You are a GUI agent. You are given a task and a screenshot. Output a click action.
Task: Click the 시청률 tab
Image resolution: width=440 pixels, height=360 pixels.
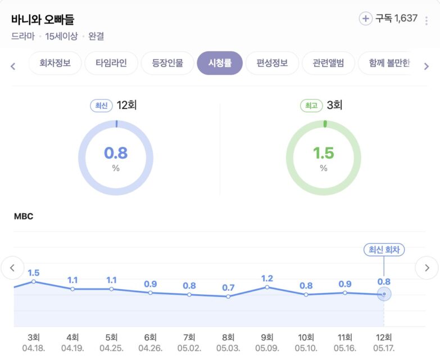(219, 63)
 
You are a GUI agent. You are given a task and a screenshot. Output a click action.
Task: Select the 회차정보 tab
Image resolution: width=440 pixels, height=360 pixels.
(55, 63)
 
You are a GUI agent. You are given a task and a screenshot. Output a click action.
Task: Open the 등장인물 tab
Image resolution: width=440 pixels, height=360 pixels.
(167, 63)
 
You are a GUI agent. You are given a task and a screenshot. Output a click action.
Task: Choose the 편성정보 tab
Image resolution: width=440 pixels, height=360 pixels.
(272, 63)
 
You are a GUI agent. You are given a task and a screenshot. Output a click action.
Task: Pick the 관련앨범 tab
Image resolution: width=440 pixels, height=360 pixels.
(328, 63)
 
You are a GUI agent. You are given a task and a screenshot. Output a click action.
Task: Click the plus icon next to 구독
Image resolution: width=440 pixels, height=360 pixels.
(366, 19)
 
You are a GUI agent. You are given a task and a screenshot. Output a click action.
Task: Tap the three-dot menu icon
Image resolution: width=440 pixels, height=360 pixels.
(426, 21)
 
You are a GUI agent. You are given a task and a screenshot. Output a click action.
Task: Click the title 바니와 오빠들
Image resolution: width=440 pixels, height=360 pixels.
(43, 20)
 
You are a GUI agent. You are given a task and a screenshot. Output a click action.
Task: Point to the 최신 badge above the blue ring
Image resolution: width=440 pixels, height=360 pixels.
(101, 105)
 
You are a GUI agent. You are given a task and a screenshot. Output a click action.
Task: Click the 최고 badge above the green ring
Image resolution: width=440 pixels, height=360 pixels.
(311, 105)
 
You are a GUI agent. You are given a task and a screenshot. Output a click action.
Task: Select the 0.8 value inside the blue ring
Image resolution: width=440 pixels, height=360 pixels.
(116, 152)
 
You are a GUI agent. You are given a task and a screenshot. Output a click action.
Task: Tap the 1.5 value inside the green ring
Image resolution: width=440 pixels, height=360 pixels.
(324, 152)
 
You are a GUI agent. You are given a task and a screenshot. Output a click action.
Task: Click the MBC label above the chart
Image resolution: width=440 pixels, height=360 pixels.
(24, 217)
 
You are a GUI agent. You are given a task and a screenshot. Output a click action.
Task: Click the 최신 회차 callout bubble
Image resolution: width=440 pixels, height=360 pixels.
(384, 250)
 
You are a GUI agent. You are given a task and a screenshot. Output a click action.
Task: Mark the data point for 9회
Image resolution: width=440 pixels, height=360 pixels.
(267, 287)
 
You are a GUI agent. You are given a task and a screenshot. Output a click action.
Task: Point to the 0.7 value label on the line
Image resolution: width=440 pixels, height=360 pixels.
(228, 287)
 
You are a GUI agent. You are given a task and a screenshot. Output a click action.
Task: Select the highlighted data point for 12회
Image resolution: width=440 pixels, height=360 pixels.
(384, 294)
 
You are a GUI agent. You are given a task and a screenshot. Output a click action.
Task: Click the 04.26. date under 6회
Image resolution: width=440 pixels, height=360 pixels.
(150, 348)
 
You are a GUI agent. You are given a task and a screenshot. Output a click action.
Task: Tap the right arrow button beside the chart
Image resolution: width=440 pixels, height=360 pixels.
(427, 268)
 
